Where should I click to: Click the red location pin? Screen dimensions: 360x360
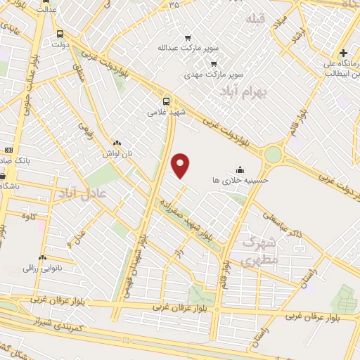tap(181, 165)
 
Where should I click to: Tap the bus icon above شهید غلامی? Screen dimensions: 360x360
tap(167, 101)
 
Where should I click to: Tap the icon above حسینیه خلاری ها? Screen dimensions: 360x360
tap(240, 169)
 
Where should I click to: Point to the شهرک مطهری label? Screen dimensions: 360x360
tap(260, 250)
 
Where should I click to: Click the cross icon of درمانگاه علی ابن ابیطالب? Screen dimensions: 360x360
tap(342, 53)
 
